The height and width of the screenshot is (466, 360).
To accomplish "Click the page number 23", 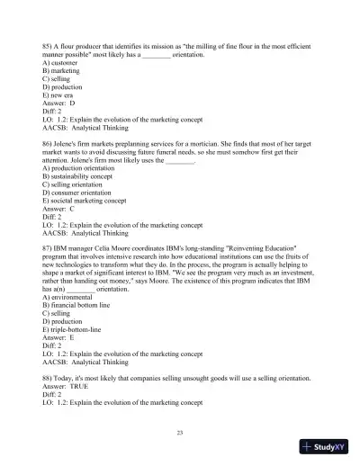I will click(x=180, y=433).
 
